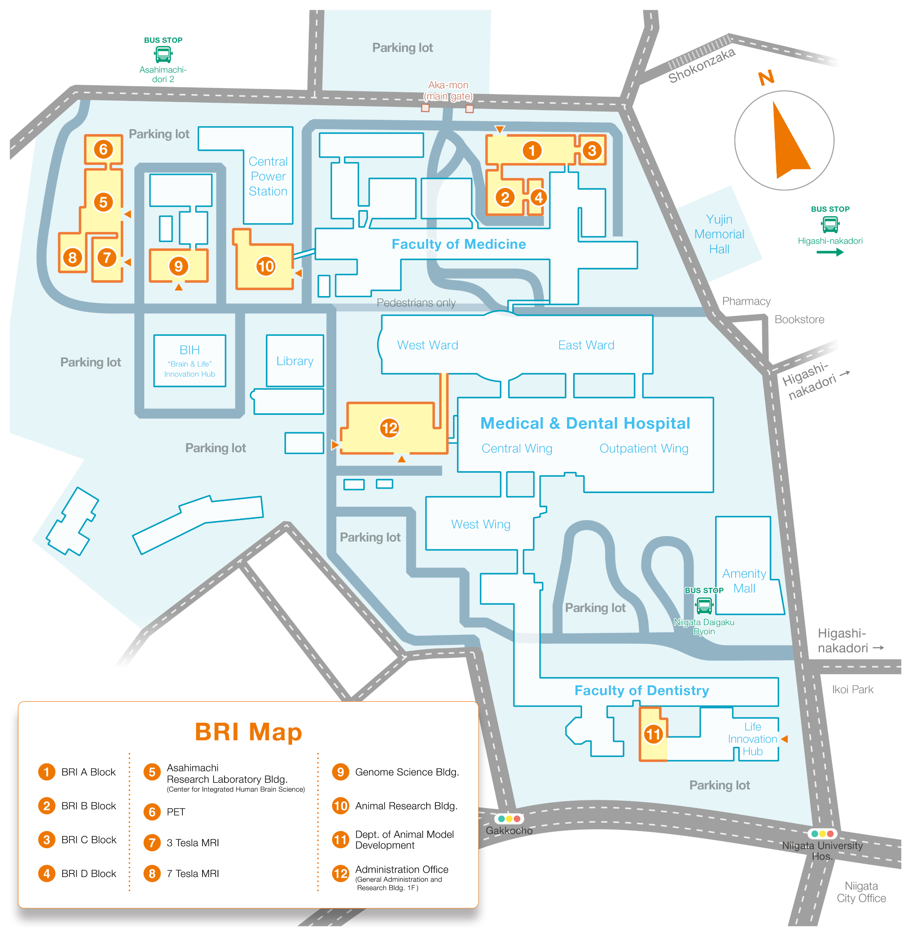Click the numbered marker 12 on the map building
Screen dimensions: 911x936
click(x=390, y=428)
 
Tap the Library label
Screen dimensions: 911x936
click(x=295, y=361)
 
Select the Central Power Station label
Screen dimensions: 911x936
click(x=268, y=177)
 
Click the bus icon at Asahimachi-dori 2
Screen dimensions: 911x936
click(x=163, y=54)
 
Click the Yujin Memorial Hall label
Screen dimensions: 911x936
click(x=719, y=234)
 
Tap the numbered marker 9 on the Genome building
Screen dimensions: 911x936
click(x=179, y=266)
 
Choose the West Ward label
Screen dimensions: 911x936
click(x=428, y=345)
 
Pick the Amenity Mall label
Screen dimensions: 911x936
click(x=744, y=581)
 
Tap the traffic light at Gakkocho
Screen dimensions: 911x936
click(x=509, y=819)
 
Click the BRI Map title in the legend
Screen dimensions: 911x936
click(x=248, y=732)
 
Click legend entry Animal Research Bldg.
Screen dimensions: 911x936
click(x=406, y=806)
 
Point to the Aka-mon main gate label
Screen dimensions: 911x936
click(x=448, y=90)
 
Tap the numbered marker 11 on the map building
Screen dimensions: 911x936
click(x=653, y=734)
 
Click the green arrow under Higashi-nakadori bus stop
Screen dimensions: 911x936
click(x=830, y=252)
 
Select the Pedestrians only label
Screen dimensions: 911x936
click(x=416, y=303)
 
